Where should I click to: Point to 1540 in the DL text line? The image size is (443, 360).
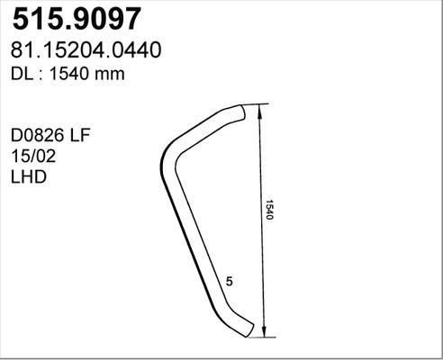[70, 75]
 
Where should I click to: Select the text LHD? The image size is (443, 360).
[28, 177]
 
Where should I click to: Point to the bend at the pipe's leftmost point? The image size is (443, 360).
[165, 166]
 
